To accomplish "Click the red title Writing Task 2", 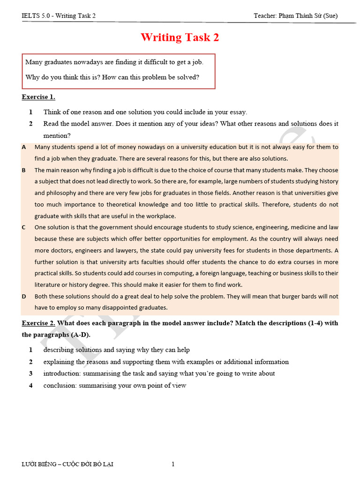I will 180,37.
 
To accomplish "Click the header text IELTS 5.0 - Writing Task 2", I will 59,15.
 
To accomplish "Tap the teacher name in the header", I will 295,15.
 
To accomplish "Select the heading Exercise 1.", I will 38,97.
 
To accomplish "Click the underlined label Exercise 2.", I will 38,323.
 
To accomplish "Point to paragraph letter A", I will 24,147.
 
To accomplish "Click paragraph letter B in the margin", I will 24,170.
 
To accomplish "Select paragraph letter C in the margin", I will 24,227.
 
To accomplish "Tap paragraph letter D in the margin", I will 24,296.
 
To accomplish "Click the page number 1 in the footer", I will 173,465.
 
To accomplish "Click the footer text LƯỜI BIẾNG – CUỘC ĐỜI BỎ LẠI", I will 67,465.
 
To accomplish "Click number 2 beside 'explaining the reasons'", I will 30,362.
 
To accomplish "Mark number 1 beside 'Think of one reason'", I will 30,112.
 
